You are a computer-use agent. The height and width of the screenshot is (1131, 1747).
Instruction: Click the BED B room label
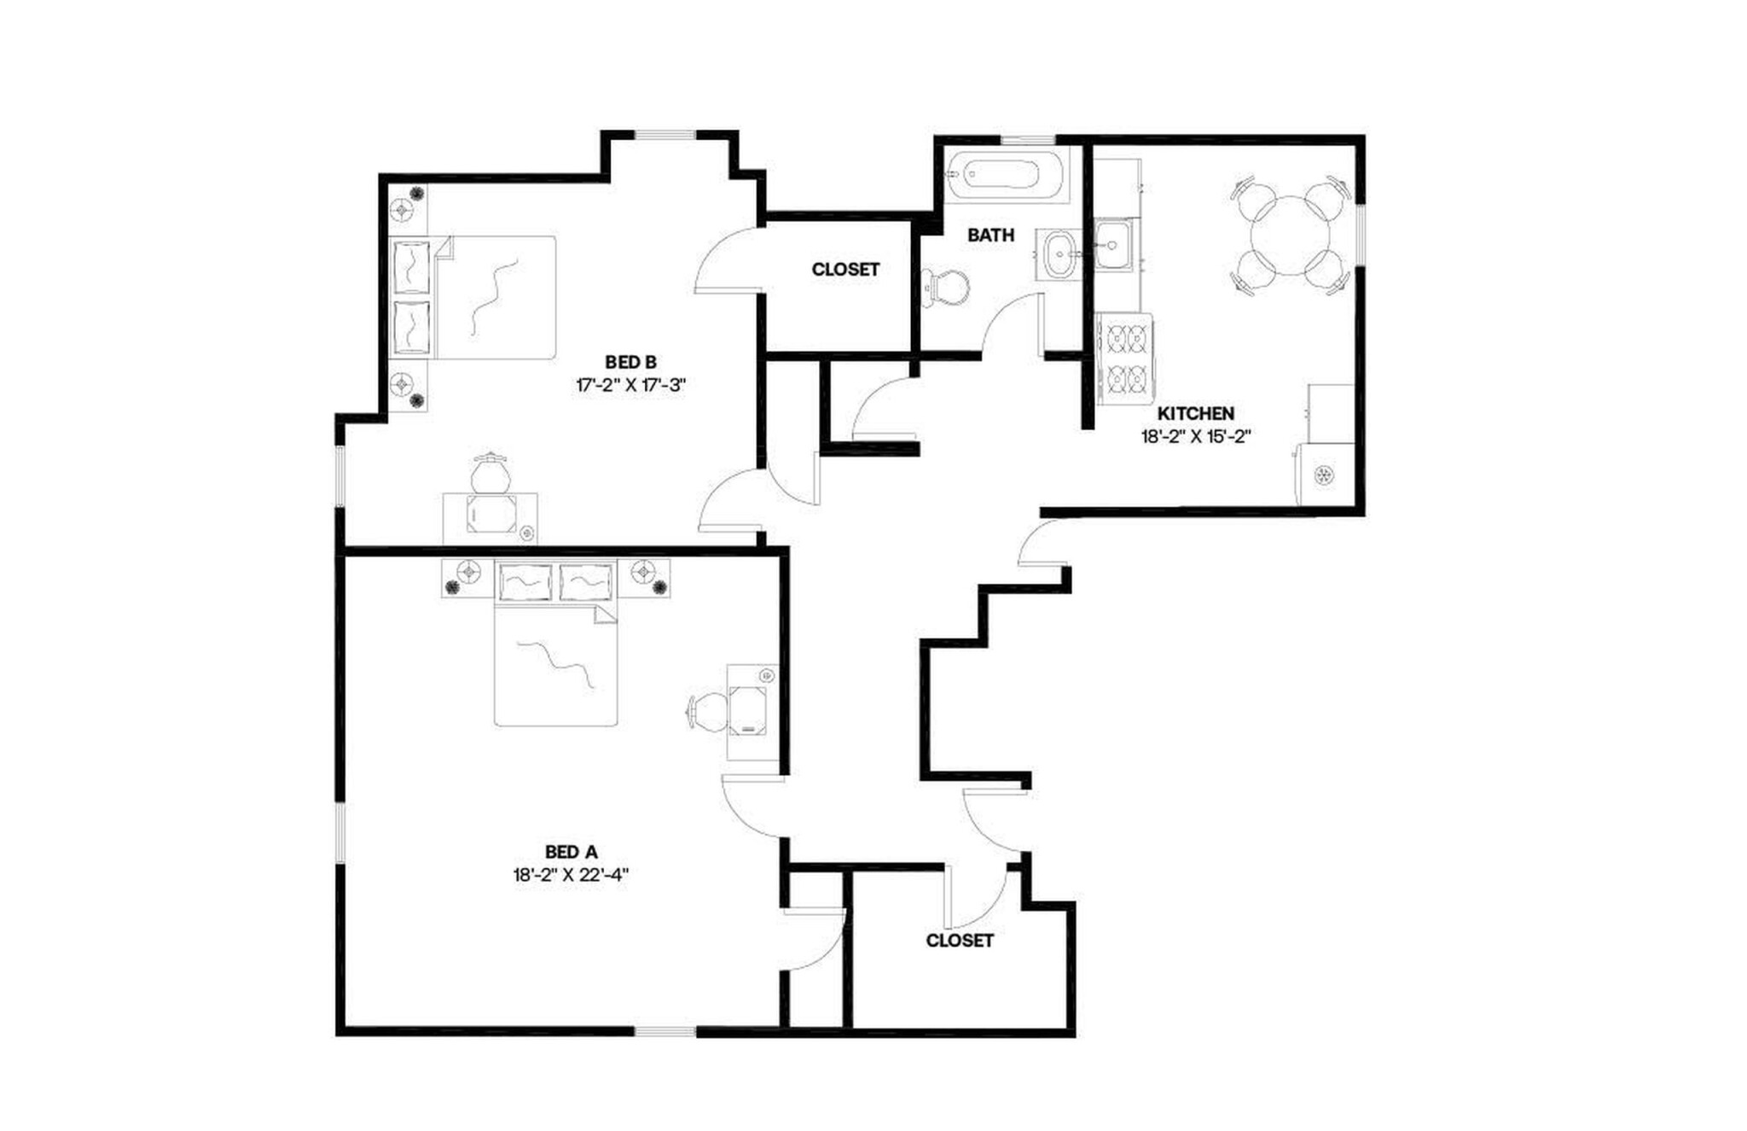click(631, 362)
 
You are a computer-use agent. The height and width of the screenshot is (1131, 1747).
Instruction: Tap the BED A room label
click(571, 852)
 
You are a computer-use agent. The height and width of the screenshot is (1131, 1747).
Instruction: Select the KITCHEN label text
click(1195, 413)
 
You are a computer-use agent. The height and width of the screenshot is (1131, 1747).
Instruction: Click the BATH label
click(990, 235)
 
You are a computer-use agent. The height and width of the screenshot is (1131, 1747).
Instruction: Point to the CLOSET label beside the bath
click(845, 270)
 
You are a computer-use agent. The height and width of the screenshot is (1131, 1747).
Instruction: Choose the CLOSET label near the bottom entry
click(960, 941)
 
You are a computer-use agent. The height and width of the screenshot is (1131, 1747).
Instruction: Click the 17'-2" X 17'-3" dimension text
click(631, 385)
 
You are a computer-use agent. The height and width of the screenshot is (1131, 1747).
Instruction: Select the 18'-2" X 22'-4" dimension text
click(571, 875)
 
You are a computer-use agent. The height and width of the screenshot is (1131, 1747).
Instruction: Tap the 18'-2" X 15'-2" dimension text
click(1195, 436)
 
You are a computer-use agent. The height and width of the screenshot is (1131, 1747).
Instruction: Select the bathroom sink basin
click(1059, 254)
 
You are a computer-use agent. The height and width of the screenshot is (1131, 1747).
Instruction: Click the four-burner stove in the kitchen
click(1125, 359)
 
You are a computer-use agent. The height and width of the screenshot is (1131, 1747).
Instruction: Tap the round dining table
click(1291, 236)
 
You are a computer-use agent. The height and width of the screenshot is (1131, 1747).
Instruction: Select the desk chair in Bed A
click(709, 709)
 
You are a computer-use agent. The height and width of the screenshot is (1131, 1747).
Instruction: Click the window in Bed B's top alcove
click(665, 135)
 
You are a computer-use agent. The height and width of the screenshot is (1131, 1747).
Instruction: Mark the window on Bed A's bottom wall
click(665, 1032)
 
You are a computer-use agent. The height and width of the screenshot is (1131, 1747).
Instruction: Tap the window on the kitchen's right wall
click(1361, 236)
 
